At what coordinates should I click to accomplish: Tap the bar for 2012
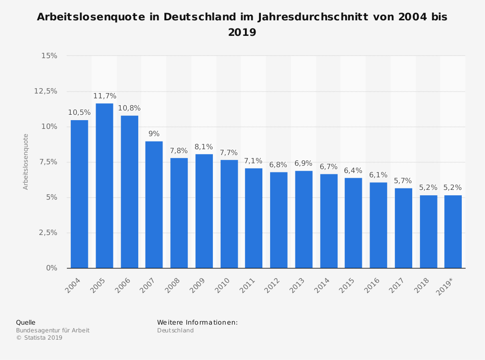pyautogui.click(x=278, y=220)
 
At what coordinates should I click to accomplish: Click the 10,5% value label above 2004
pyautogui.click(x=79, y=112)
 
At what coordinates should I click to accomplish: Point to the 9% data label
pyautogui.click(x=154, y=134)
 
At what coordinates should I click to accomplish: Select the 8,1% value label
pyautogui.click(x=204, y=147)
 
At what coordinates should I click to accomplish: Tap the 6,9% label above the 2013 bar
pyautogui.click(x=304, y=163)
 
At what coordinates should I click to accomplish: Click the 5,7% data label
pyautogui.click(x=403, y=181)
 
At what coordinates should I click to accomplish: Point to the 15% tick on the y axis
pyautogui.click(x=49, y=56)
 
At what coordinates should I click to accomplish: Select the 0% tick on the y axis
pyautogui.click(x=51, y=268)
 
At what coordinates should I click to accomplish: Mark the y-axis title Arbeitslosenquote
pyautogui.click(x=26, y=162)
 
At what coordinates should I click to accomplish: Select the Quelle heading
pyautogui.click(x=26, y=322)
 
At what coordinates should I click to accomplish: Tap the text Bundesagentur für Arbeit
pyautogui.click(x=52, y=330)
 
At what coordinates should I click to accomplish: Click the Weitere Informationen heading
pyautogui.click(x=197, y=322)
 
